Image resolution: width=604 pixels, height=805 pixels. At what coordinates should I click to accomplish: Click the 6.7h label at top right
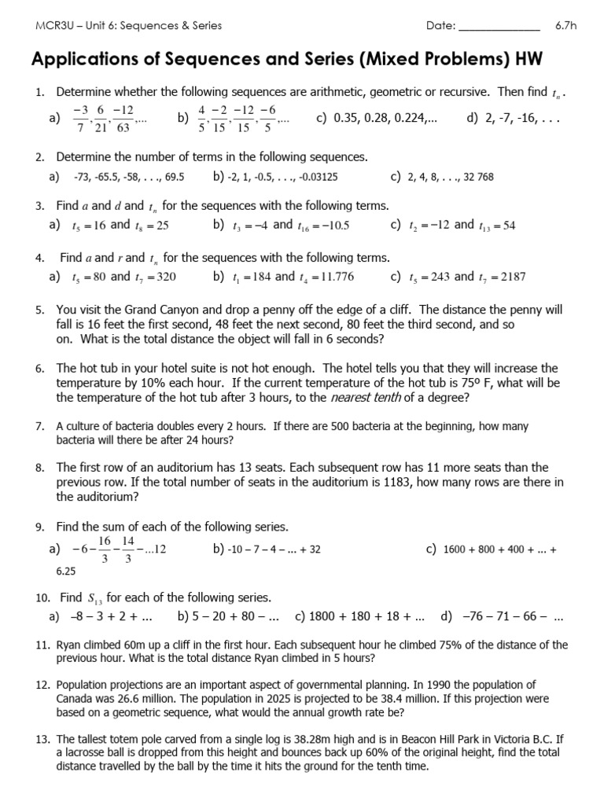tap(566, 25)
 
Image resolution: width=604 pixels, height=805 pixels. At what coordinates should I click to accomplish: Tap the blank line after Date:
tap(499, 27)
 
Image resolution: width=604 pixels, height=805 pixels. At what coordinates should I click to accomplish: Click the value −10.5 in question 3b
tap(330, 226)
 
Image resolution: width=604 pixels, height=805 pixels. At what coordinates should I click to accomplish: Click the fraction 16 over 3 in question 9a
tap(104, 550)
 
